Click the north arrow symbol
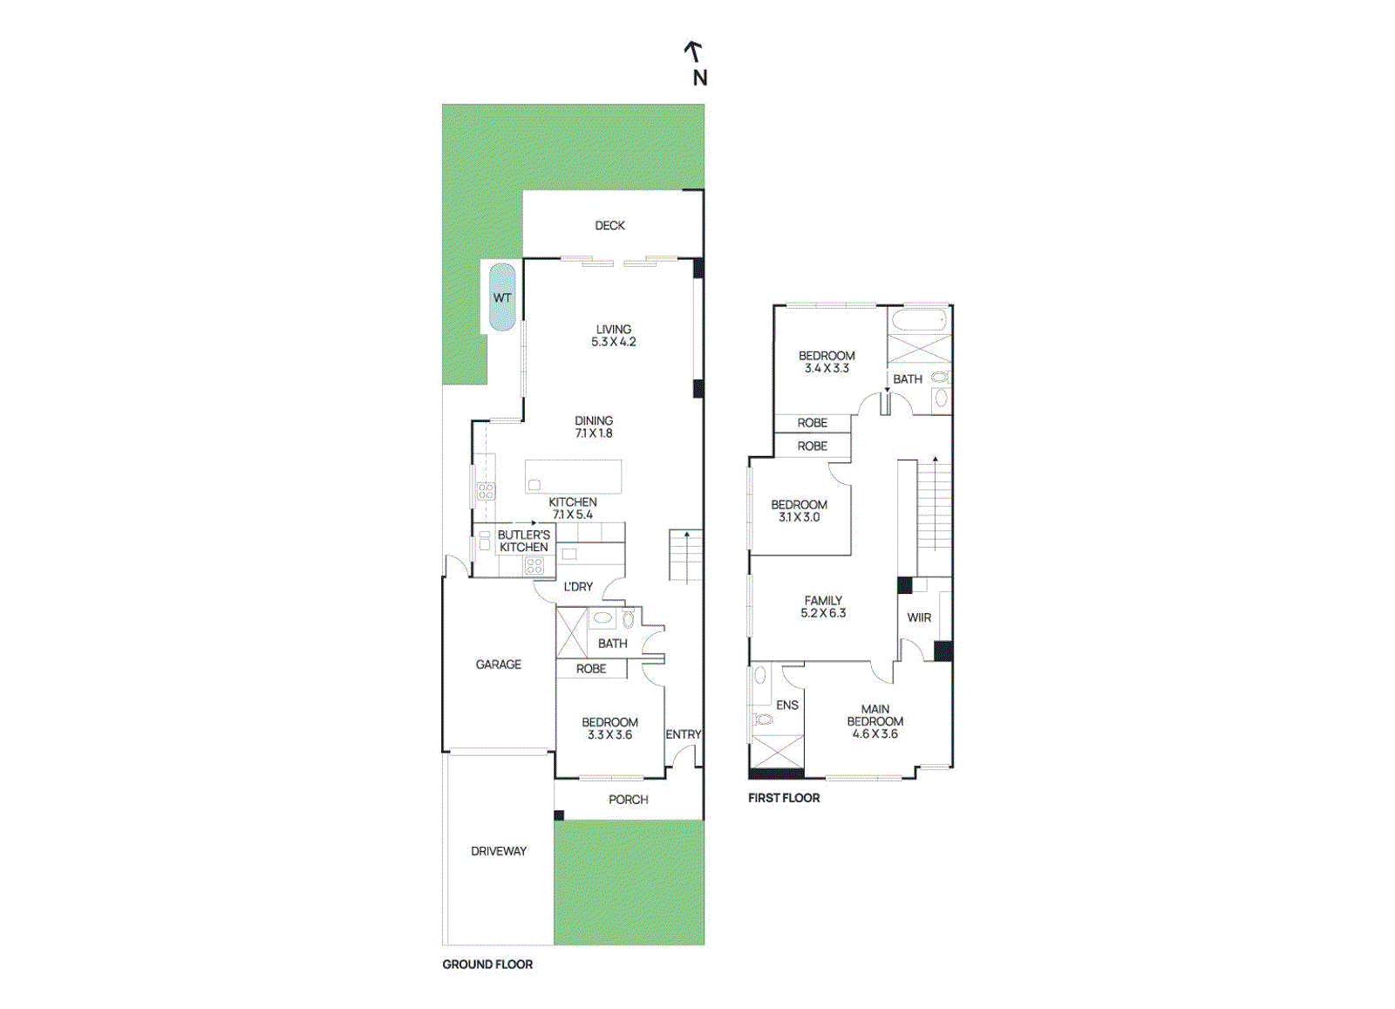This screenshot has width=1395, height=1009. click(693, 51)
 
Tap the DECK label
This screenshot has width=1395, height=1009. click(609, 225)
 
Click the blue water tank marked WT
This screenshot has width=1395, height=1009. click(501, 297)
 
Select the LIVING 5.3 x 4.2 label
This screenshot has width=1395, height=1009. click(613, 336)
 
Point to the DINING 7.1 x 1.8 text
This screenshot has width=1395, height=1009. click(593, 426)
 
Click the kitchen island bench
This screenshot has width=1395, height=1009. click(573, 477)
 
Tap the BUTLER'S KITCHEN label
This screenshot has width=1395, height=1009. click(523, 541)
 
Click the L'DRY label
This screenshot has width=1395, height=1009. click(577, 587)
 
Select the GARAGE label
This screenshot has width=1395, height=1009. click(498, 665)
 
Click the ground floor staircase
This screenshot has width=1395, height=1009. click(685, 556)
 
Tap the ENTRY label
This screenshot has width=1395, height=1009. click(683, 734)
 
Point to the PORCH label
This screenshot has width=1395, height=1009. click(628, 800)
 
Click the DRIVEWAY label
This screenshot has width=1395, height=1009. click(498, 851)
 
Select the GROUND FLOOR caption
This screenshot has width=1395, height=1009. click(487, 965)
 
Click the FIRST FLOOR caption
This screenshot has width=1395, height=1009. click(783, 798)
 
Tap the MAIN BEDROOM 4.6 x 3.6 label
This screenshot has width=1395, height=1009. click(874, 721)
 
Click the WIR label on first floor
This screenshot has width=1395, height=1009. click(919, 617)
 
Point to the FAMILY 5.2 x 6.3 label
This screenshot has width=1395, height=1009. click(823, 607)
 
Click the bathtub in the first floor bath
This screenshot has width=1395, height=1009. click(919, 321)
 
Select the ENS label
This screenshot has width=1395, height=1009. click(786, 705)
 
